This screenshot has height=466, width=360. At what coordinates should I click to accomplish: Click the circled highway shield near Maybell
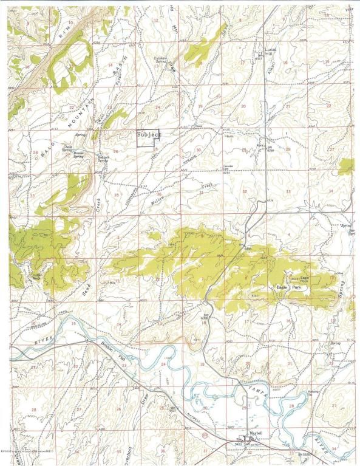click(x=204, y=437)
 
